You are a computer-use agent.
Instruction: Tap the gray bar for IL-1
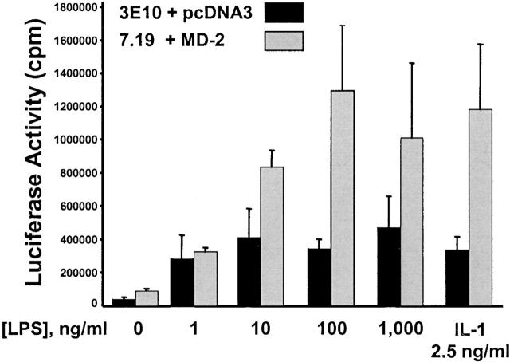pos(481,207)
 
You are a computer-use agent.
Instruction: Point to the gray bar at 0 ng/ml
pos(147,297)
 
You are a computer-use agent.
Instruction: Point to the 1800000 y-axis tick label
pos(78,8)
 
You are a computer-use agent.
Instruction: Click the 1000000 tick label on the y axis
pos(78,140)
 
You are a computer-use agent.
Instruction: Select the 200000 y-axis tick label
pos(80,272)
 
